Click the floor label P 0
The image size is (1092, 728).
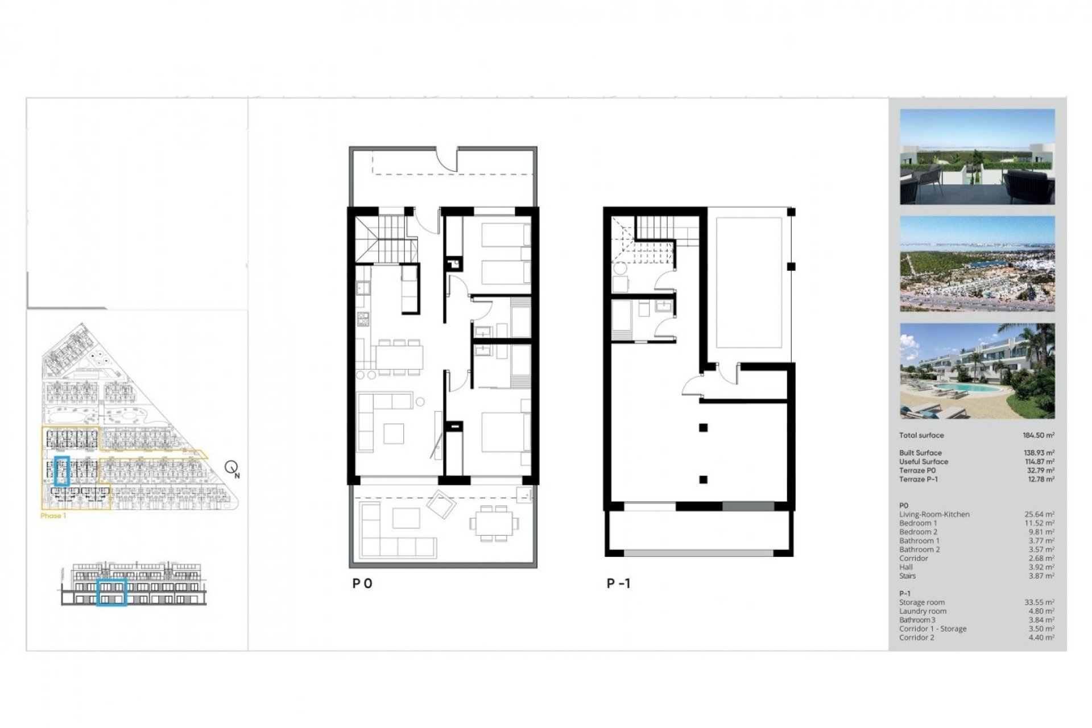[362, 583]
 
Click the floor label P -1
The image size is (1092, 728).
[618, 583]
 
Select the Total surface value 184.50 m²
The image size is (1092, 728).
[1039, 435]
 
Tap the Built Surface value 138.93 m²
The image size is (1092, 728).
[1039, 453]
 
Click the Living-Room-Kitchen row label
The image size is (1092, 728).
[934, 514]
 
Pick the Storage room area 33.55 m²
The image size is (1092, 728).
[1039, 602]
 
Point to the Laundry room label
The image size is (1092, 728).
[923, 611]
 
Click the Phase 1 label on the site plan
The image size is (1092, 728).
[53, 516]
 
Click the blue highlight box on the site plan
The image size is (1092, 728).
[61, 470]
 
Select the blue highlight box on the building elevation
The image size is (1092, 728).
[111, 592]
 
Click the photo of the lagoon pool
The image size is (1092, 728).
[977, 371]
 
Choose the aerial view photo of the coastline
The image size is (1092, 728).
[977, 263]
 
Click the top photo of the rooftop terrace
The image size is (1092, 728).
[977, 156]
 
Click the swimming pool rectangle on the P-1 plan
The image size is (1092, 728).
[749, 282]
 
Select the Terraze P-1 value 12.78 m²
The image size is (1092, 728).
[1039, 479]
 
